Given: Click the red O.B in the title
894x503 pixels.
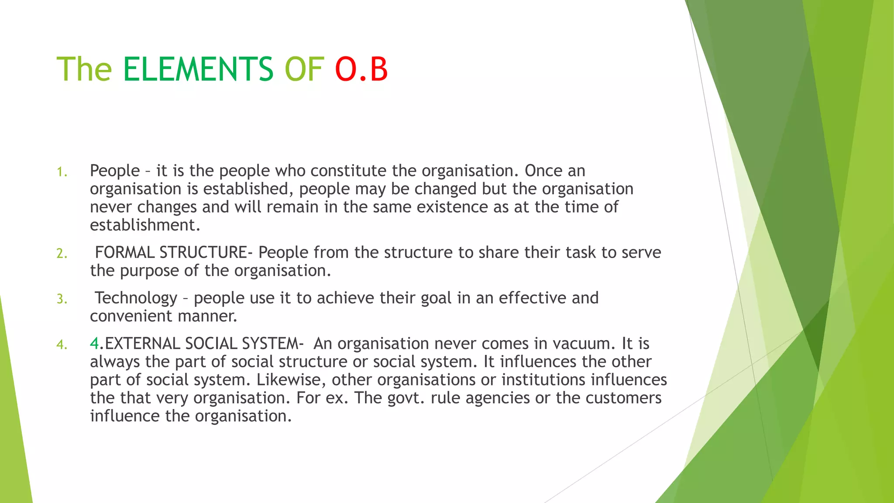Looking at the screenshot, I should click(361, 69).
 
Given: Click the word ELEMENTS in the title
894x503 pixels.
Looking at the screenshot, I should click(198, 69).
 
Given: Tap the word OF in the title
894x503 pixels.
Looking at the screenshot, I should click(304, 69).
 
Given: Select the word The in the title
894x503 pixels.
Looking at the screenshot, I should click(84, 69).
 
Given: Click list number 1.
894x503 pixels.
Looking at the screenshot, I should click(62, 172).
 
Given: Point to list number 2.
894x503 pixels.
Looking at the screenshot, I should click(62, 254).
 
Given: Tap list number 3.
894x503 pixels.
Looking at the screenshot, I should click(62, 299).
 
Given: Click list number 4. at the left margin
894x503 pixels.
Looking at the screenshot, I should click(62, 345).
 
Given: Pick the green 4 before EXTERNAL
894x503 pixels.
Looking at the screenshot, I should click(94, 344).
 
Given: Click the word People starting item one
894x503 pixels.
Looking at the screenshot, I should click(115, 171).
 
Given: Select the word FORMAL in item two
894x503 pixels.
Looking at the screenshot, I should click(124, 252).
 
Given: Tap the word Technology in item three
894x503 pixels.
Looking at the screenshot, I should click(136, 298).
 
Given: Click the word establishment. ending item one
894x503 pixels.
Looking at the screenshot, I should click(145, 225).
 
